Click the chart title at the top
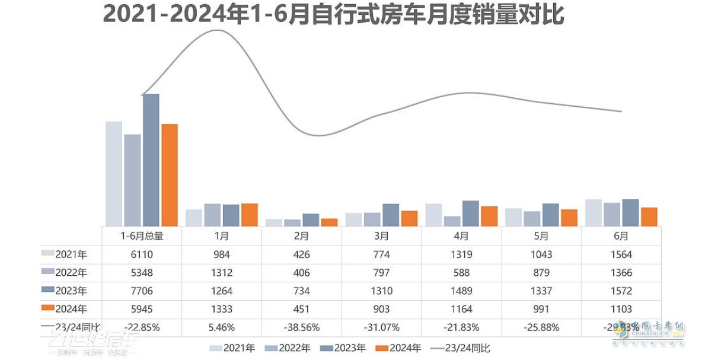click(333, 15)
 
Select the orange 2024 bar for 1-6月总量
click(170, 175)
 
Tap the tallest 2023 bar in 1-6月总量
click(151, 160)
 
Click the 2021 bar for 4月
click(434, 215)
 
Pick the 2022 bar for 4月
click(452, 221)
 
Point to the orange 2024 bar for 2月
click(329, 222)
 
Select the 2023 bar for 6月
click(630, 212)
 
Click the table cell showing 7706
click(142, 291)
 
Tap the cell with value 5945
click(142, 309)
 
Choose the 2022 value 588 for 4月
click(461, 273)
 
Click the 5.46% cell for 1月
click(221, 327)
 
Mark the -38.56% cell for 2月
click(301, 327)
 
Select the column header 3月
click(381, 235)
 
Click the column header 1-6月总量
click(142, 235)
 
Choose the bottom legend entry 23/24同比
click(462, 348)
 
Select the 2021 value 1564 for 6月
click(621, 254)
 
